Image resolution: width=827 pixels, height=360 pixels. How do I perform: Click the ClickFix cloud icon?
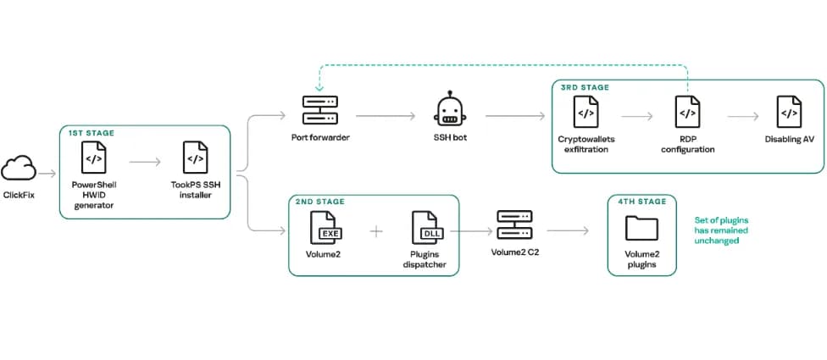point(19,169)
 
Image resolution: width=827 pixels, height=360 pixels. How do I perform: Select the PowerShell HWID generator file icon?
point(93,157)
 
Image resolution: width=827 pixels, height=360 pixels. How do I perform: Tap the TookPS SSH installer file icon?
point(195,157)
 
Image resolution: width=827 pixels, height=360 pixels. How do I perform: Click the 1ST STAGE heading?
point(91,133)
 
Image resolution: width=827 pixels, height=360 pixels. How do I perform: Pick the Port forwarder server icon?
point(320,109)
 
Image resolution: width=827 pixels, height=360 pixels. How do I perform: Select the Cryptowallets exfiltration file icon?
point(586,112)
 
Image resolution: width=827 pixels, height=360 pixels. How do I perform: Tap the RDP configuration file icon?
point(688,112)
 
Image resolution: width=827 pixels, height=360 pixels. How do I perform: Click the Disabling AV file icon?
point(789,112)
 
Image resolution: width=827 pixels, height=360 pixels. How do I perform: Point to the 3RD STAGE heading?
point(585,87)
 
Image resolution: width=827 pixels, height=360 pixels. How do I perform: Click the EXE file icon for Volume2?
point(324,227)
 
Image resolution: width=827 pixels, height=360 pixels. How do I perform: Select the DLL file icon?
point(426,227)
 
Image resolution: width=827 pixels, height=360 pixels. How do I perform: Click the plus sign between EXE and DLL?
point(375,231)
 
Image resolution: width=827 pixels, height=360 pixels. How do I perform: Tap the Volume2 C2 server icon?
point(514,224)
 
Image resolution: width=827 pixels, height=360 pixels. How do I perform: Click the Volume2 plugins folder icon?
point(641,228)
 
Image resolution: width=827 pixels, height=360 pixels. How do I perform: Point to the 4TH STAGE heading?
point(642,202)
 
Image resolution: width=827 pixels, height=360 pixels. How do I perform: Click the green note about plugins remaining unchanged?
point(721,230)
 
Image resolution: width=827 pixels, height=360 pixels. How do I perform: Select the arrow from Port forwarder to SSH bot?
point(386,116)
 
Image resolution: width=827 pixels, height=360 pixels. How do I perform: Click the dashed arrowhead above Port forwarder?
point(319,88)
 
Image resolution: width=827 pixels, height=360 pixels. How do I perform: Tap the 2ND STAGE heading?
point(320,202)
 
